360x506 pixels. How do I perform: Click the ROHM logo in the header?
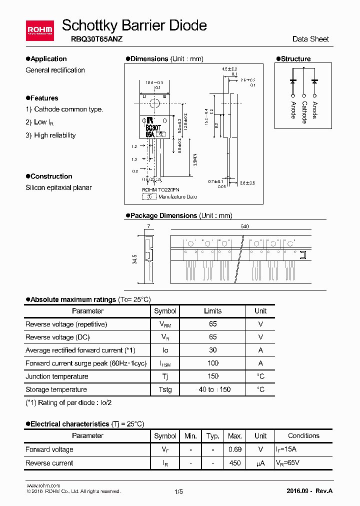point(39,30)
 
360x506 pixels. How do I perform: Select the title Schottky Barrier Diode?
point(134,25)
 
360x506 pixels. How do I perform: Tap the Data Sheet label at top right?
point(310,39)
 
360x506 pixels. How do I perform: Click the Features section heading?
point(44,98)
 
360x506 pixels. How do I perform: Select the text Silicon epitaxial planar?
point(58,187)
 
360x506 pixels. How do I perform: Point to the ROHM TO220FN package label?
point(160,190)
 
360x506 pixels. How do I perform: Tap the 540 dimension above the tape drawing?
point(244,226)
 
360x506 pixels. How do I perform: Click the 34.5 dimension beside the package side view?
point(134,259)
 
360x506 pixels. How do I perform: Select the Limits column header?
point(212,311)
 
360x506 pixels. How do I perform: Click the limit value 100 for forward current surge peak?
point(213,363)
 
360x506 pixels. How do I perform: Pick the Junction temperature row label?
point(56,376)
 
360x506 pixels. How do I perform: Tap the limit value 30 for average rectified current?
point(213,350)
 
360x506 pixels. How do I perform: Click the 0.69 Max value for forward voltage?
point(235,449)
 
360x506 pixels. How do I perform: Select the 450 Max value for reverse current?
point(235,463)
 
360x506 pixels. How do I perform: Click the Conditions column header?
point(303,435)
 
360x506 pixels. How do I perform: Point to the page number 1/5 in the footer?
point(179,491)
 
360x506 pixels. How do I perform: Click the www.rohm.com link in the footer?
point(43,485)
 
